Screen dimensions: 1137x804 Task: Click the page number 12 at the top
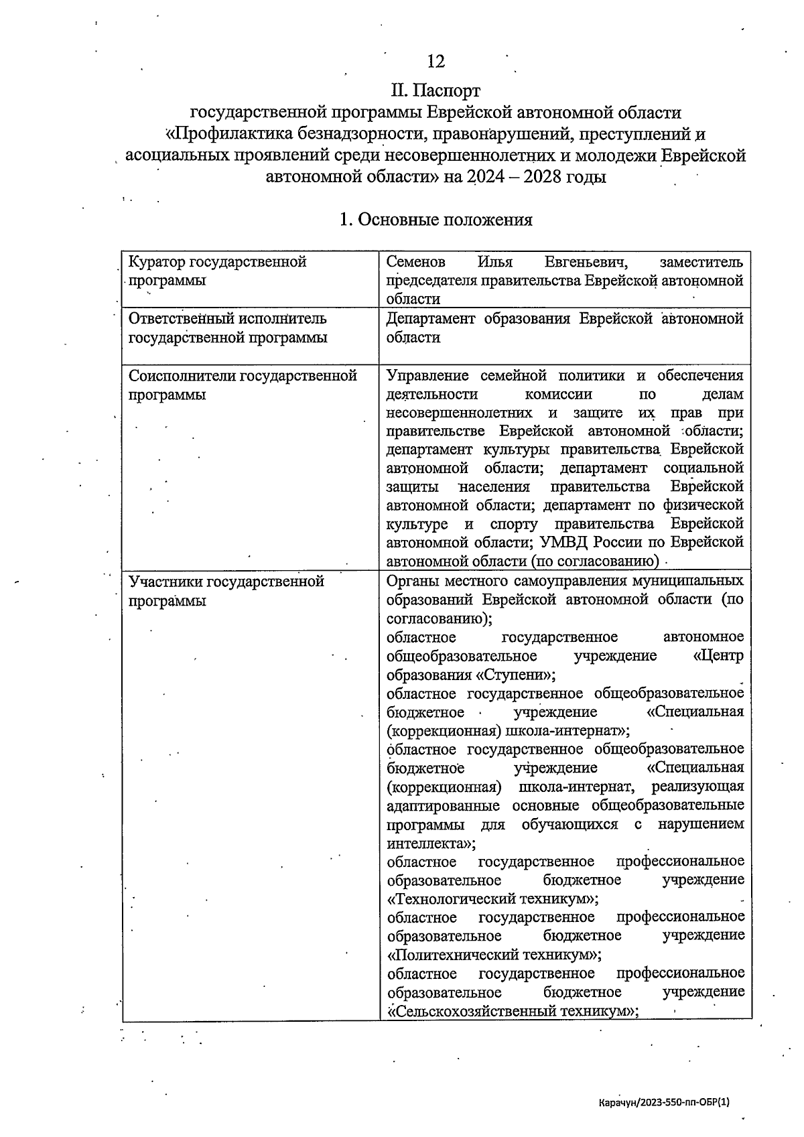coord(435,61)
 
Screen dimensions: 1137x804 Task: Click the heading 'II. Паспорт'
coord(435,89)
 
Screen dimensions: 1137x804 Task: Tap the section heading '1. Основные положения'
coord(435,220)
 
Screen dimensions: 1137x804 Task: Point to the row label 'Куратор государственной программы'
coord(217,271)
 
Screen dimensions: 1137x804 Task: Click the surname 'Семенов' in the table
coord(415,262)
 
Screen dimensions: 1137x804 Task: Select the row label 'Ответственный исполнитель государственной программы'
coord(228,328)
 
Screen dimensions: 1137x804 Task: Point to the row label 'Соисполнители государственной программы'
coord(242,385)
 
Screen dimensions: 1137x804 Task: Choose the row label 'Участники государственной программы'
coord(226,590)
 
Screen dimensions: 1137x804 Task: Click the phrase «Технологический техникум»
coord(492,898)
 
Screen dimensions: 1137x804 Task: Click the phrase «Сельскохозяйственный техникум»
coord(511,1010)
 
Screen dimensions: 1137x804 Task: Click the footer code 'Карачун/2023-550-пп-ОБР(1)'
coord(663,1101)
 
